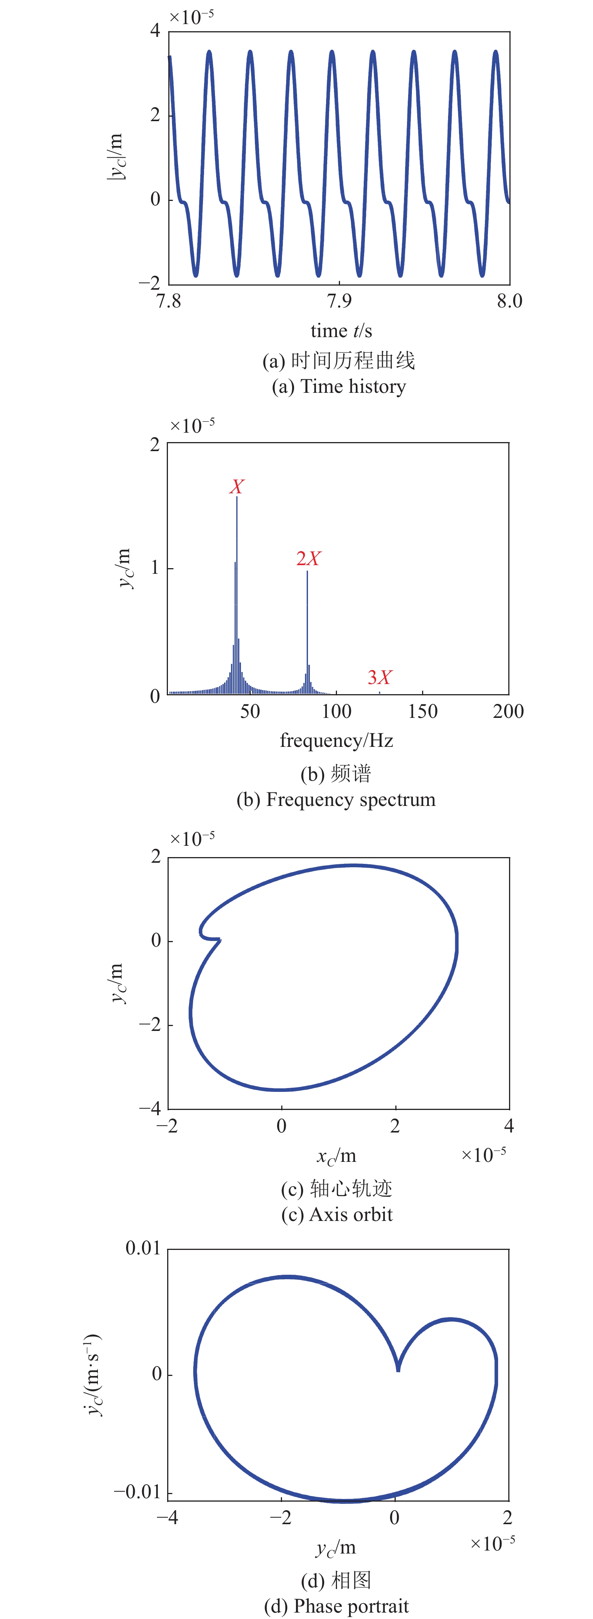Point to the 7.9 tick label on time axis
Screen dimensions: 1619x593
340,301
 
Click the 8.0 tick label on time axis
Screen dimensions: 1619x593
509,301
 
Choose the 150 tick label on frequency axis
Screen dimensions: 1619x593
422,711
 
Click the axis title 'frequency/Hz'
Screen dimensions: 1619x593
337,740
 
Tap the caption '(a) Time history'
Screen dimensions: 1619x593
338,386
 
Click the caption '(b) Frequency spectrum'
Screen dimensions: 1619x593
336,800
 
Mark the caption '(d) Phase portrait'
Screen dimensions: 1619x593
337,1606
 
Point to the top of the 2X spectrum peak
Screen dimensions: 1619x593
308,571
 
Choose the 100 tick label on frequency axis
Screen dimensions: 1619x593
337,711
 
